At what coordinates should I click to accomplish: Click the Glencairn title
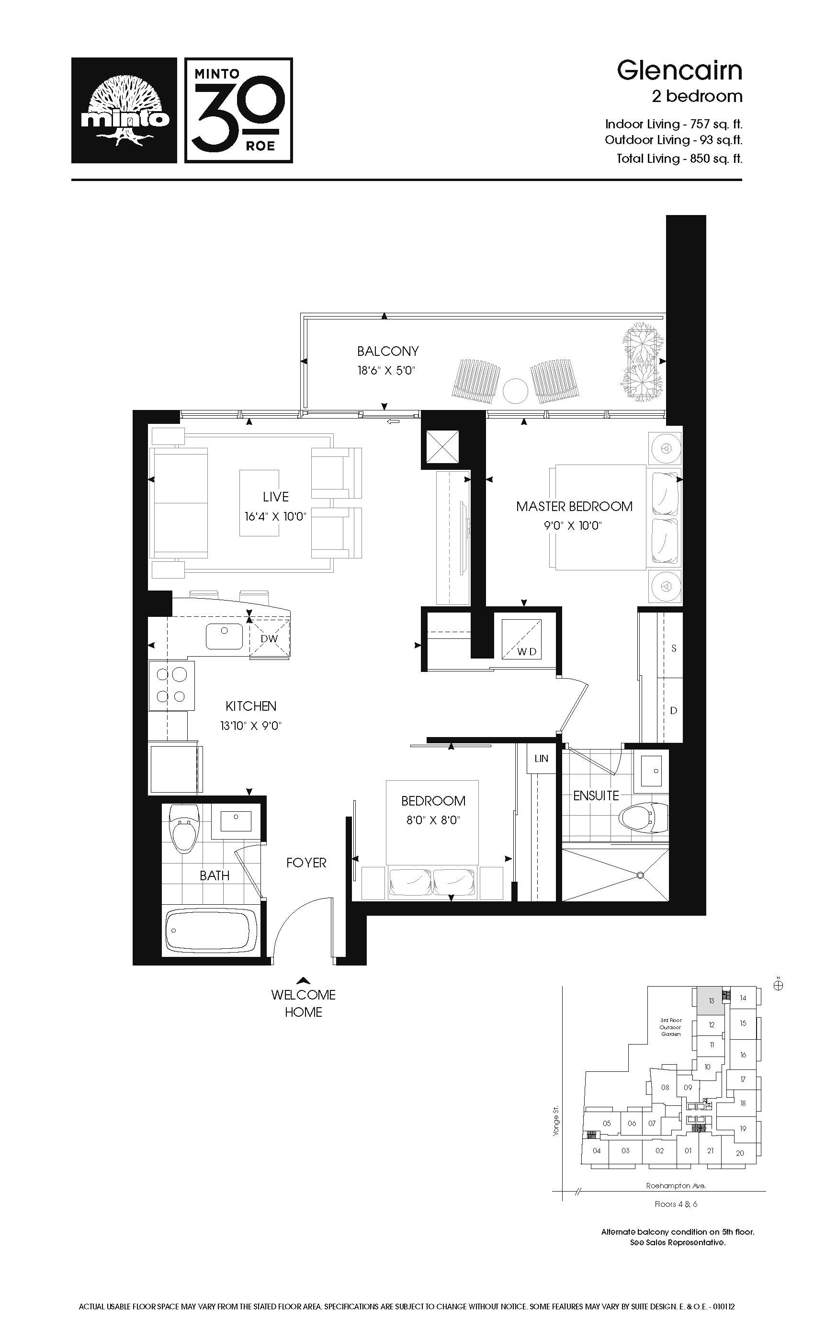coord(679,71)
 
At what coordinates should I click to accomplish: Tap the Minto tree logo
coord(124,111)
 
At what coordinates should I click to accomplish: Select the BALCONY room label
coord(388,351)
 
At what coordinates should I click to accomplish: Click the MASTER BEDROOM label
coord(575,506)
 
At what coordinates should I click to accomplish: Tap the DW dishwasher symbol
coord(269,638)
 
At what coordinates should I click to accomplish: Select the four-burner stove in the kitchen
coord(171,686)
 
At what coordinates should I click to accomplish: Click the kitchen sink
coord(224,636)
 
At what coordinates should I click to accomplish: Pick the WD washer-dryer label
coord(527,651)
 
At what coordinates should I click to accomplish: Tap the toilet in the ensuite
coord(644,817)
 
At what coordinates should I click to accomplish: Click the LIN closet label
coord(542,758)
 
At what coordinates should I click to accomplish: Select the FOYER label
coord(306,863)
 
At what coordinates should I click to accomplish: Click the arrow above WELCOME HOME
coord(304,981)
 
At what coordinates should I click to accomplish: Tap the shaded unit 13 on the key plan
coord(711,1001)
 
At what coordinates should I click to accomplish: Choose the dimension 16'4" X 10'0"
coord(275,516)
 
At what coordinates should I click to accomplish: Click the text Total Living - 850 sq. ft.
coord(679,159)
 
